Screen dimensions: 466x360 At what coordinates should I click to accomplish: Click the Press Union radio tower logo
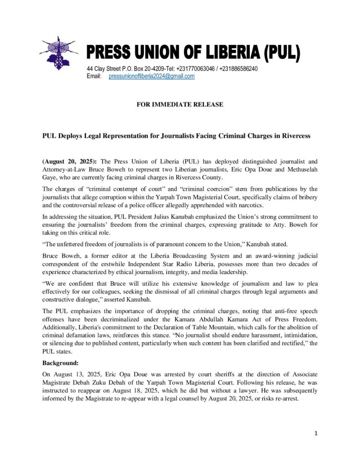(x=58, y=53)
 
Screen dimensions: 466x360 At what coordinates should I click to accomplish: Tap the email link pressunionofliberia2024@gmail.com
(x=152, y=76)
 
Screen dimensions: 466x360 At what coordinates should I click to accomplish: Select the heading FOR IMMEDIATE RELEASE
(x=180, y=105)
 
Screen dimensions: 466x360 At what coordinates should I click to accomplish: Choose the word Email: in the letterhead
(x=94, y=76)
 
